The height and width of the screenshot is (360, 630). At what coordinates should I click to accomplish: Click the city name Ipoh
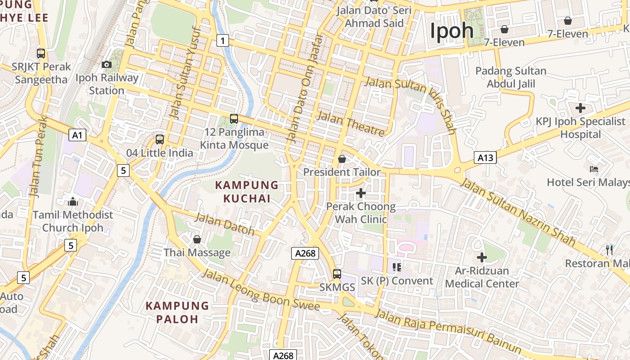452,31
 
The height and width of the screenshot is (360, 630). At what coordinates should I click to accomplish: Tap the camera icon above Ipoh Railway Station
107,65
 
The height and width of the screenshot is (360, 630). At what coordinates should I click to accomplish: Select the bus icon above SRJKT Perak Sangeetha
41,54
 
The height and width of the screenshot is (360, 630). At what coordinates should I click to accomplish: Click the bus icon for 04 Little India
160,139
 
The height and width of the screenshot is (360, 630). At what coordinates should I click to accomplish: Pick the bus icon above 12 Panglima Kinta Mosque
234,119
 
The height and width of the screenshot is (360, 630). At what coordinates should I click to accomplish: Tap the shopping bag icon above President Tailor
342,159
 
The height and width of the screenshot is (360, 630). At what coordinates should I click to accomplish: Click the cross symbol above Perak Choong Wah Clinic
360,193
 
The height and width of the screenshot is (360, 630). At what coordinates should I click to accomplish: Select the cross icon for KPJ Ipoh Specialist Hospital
580,108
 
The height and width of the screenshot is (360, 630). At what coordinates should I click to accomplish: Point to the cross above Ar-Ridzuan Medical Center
482,257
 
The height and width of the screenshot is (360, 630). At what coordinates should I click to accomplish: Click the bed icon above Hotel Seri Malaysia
594,169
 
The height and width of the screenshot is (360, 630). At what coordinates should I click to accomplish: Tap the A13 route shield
485,157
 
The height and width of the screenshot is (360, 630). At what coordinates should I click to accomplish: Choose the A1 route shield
77,135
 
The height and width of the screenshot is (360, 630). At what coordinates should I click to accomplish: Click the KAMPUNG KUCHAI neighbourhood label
247,192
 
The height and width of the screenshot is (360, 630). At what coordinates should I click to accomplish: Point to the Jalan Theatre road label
351,124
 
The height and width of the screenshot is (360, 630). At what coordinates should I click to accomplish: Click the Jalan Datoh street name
225,224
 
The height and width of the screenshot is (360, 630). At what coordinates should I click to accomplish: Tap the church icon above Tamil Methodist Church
73,202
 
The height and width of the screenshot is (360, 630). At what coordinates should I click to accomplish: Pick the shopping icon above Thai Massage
197,239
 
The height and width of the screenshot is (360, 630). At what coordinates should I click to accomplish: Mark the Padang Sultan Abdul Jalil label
511,77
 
